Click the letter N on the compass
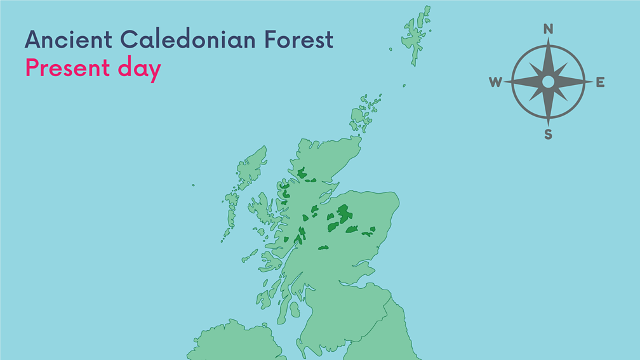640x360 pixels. coord(549,29)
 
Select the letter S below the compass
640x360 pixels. coord(548,135)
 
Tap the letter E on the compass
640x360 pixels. coord(600,82)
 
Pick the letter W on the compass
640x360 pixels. coord(495,82)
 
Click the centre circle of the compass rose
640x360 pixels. coord(548,82)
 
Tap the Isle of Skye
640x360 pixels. coord(261,206)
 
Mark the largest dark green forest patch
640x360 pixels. coord(343,213)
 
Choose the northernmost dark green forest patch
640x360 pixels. coord(302,173)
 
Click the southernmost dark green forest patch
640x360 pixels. coord(323,248)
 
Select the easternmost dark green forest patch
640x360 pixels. coord(368,233)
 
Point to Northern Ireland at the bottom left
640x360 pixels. coord(235,343)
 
